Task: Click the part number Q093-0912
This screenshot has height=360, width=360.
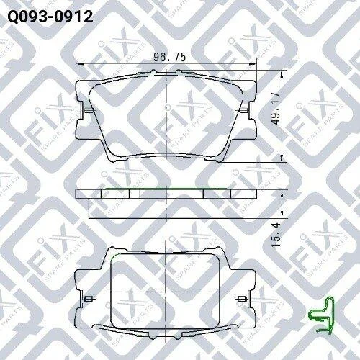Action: click(50, 17)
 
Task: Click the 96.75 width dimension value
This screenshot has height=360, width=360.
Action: click(170, 57)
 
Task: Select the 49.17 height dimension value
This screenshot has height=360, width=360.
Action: click(276, 109)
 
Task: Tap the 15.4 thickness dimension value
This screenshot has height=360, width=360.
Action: click(276, 235)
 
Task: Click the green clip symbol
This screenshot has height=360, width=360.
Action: click(321, 315)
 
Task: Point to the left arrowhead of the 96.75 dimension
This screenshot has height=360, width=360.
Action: click(80, 64)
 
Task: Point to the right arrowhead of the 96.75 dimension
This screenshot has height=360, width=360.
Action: click(253, 64)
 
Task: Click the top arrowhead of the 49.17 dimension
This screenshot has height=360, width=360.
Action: click(282, 74)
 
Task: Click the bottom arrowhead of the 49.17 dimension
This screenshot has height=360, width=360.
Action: click(282, 158)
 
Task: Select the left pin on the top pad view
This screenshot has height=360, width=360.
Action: click(89, 111)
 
